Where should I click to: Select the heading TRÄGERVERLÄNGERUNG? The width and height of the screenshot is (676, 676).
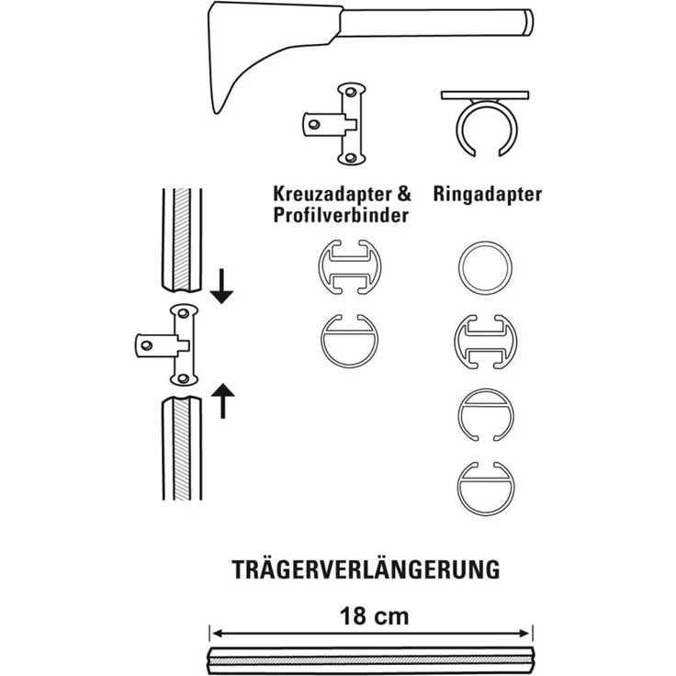366,569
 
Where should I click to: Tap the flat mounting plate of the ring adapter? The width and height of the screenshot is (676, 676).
485,95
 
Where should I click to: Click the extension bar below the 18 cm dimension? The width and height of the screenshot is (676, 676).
370,659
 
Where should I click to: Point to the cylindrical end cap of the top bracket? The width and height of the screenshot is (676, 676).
529,20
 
